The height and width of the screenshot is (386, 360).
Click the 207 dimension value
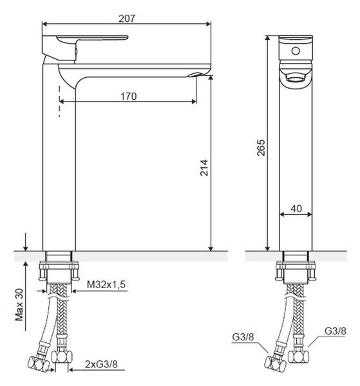[x=127, y=19]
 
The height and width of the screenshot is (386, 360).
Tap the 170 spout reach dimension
[x=128, y=96]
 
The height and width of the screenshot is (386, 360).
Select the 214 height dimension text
[x=204, y=168]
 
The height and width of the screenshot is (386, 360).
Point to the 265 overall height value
[x=261, y=148]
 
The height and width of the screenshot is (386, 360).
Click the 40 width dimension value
[x=296, y=208]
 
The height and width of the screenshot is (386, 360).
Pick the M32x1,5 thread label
[x=106, y=284]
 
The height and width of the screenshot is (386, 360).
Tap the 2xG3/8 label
[x=101, y=364]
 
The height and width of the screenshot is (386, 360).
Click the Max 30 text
[x=19, y=305]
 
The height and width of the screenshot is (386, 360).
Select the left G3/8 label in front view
[x=243, y=336]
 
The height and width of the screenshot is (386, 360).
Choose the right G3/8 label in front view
[x=335, y=331]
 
